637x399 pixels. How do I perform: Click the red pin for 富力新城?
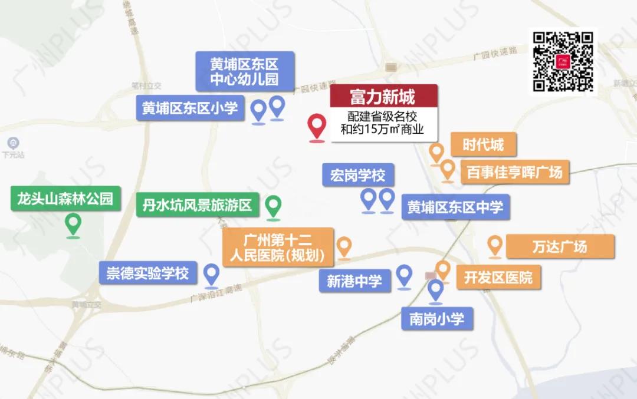tap(317, 126)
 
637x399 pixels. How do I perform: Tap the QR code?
tap(563, 62)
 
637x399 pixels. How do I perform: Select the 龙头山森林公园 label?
tap(65, 199)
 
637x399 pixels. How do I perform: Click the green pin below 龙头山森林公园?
tap(73, 224)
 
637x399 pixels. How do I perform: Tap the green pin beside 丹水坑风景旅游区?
tap(272, 206)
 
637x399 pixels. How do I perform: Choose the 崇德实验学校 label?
tap(147, 273)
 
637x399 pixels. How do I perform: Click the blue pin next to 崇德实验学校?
tap(211, 274)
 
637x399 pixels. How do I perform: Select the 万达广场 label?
tap(559, 246)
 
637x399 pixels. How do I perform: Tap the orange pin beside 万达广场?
tap(494, 245)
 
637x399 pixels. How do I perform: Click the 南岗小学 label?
tap(436, 319)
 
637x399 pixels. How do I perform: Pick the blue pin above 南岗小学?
tap(436, 290)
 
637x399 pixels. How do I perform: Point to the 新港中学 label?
tap(354, 281)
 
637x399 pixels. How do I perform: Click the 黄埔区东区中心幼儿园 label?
tap(244, 71)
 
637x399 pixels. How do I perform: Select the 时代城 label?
tap(482, 144)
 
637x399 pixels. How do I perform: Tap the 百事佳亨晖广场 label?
tap(514, 173)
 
